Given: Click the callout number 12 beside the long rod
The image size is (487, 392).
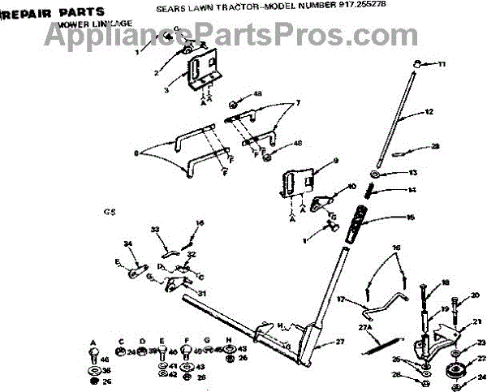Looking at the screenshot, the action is click(x=429, y=111).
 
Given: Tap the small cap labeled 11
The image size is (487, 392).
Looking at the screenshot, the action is click(x=417, y=63).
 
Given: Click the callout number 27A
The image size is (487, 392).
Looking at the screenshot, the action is click(x=365, y=327).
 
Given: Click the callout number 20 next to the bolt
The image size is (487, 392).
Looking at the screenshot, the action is click(x=475, y=295).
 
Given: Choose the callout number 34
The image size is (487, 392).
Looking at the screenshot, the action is click(x=127, y=244).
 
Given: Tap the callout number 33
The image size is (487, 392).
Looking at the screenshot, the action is click(x=155, y=230).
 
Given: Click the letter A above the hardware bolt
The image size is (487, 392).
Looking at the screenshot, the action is click(x=94, y=341).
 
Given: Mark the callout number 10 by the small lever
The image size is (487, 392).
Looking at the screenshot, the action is click(x=351, y=186).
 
